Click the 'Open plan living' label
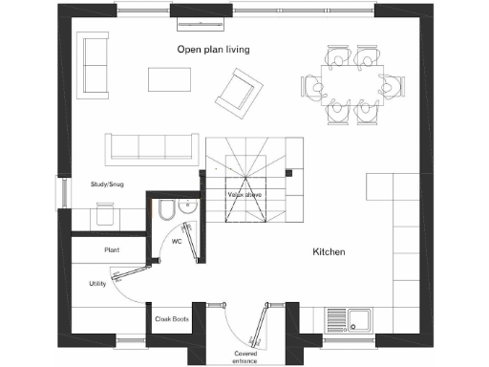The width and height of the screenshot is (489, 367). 213,49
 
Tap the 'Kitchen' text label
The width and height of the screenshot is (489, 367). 329,252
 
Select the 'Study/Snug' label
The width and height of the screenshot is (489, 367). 106,184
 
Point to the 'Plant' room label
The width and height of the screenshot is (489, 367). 111,250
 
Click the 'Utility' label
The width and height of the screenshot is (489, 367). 97,284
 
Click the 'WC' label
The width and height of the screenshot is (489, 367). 177,242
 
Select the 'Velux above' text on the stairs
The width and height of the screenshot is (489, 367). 245,194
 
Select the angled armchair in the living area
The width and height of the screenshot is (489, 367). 236,93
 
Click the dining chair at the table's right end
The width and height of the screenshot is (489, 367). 388,86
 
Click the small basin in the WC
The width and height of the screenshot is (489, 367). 187,205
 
